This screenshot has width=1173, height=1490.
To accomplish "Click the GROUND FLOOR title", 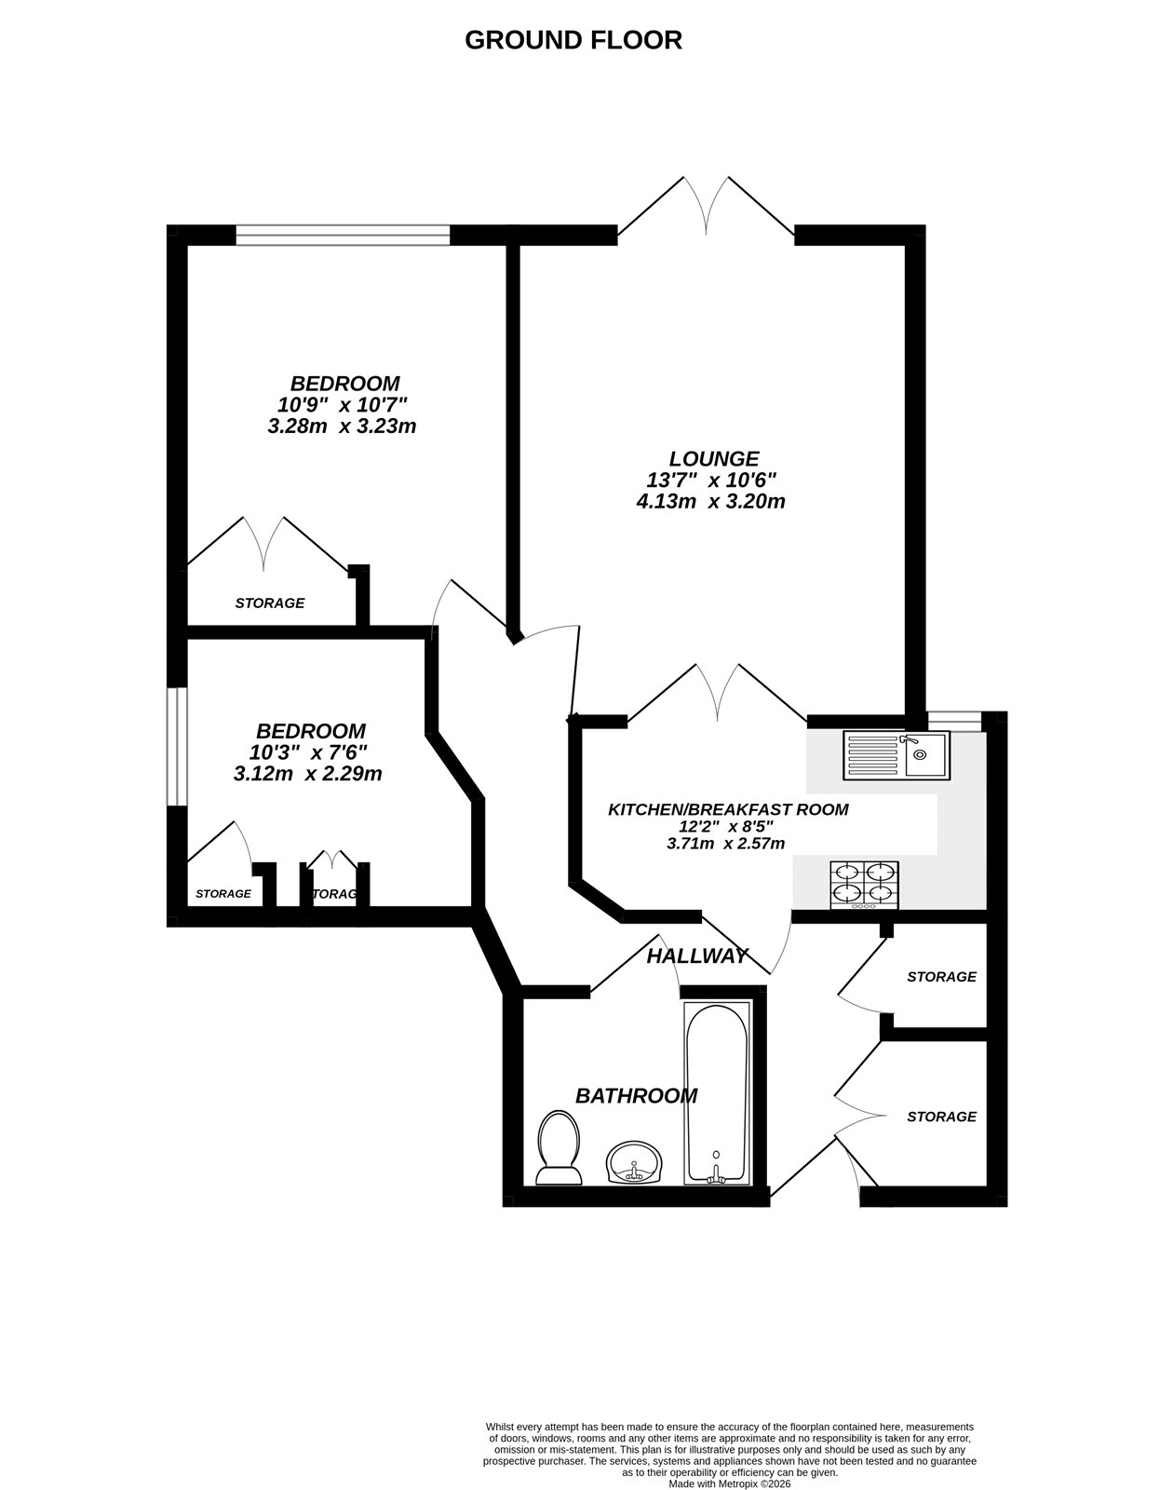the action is point(573,40).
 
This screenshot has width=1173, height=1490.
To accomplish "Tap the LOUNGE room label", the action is point(714,458).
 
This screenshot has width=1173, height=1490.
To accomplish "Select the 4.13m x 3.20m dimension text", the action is point(710,502).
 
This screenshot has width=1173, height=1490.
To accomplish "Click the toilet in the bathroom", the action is point(559,1147).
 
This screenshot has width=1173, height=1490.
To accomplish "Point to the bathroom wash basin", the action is point(635,1163).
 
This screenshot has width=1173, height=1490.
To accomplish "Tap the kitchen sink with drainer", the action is point(895,753).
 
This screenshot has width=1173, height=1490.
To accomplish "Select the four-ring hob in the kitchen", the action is point(865,884).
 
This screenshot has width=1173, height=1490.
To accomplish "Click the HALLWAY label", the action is point(697,955).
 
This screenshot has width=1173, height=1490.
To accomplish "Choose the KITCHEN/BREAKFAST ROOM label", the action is point(728,809).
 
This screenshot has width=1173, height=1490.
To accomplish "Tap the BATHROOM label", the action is point(636,1096).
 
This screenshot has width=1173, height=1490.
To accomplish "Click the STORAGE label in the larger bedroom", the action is point(269,603).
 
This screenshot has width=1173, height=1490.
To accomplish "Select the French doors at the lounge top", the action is point(706,210).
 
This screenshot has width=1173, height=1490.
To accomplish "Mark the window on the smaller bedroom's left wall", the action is point(177,746).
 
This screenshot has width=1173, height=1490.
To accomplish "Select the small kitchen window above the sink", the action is point(954,718).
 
